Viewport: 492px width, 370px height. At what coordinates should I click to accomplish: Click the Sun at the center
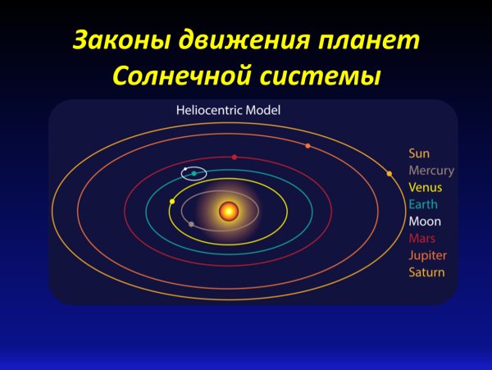click(x=229, y=212)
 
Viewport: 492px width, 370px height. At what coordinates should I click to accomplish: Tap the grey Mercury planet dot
click(x=191, y=223)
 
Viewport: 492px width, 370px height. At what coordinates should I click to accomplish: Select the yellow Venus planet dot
click(x=171, y=201)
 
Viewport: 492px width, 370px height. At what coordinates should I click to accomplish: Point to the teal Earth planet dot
click(x=194, y=173)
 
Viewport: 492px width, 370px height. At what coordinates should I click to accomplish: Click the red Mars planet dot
click(x=235, y=157)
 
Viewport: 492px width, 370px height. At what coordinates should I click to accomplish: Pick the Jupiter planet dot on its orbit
click(x=307, y=146)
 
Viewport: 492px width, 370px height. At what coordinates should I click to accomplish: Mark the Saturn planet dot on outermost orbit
click(x=389, y=173)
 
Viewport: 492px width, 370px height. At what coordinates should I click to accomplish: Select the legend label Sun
click(x=419, y=153)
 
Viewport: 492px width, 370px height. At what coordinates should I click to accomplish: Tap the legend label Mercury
click(x=430, y=171)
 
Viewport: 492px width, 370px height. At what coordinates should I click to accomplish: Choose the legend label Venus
click(x=425, y=188)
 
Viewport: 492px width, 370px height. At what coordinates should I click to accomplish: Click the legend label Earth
click(x=423, y=204)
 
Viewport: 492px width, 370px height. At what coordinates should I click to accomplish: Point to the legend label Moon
click(x=425, y=222)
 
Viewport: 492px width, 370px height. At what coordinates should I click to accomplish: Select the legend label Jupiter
click(x=427, y=256)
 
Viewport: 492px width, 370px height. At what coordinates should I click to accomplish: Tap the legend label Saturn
click(x=426, y=272)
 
